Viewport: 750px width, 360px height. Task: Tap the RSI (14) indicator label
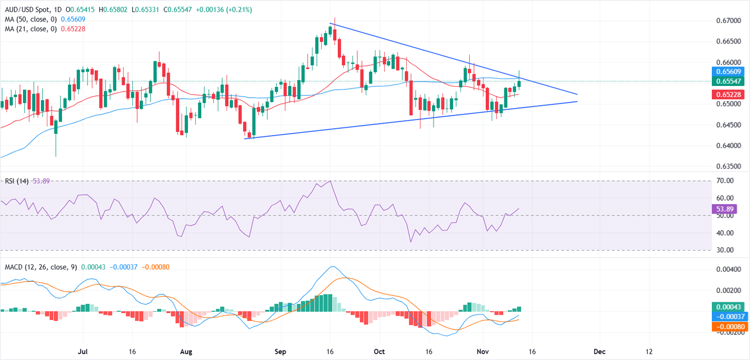tap(15, 181)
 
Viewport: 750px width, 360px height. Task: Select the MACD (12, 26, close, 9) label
tap(39, 267)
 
